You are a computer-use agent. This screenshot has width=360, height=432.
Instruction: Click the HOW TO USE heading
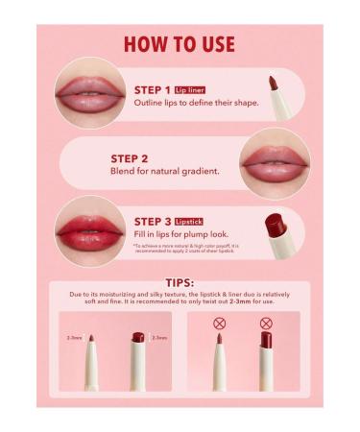click(180, 44)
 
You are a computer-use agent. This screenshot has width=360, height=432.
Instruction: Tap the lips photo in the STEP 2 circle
click(273, 160)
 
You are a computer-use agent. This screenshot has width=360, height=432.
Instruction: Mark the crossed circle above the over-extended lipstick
click(266, 324)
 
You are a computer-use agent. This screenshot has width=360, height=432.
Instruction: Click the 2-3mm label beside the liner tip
click(74, 338)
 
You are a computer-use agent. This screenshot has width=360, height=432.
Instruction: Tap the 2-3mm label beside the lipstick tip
click(159, 338)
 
